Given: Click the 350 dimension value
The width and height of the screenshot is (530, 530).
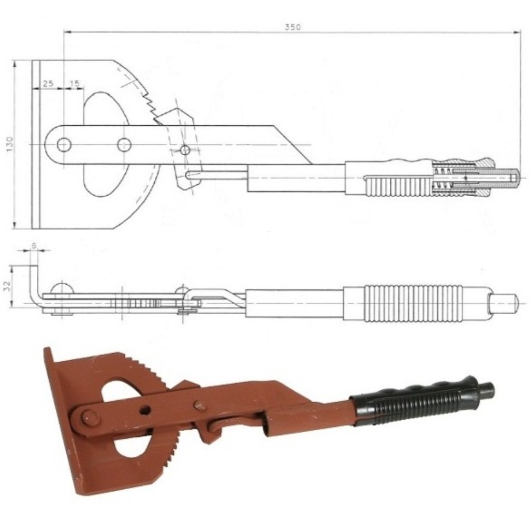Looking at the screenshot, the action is (x=292, y=27).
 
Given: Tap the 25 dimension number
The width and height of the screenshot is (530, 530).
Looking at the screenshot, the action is (x=48, y=83).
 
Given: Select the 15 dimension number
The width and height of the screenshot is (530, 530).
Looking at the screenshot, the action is (x=75, y=83).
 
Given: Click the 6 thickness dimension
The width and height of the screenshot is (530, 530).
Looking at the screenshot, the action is (x=34, y=245).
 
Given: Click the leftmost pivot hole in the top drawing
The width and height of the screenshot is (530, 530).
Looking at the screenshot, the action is (x=64, y=145).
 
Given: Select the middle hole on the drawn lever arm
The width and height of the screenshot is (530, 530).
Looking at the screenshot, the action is (x=124, y=145).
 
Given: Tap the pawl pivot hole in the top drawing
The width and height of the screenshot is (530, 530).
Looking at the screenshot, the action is (x=185, y=150).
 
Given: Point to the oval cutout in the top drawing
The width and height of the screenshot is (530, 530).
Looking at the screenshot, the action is (x=107, y=144).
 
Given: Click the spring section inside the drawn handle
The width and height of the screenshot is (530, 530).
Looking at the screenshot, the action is (x=442, y=178).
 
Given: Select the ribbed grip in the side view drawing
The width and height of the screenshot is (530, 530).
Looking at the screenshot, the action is (x=413, y=303).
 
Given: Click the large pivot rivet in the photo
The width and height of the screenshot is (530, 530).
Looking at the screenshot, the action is (x=90, y=418).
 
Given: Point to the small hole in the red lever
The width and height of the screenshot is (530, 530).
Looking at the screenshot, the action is (x=145, y=410).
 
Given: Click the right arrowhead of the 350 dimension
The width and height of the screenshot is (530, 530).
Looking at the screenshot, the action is (x=517, y=33).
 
